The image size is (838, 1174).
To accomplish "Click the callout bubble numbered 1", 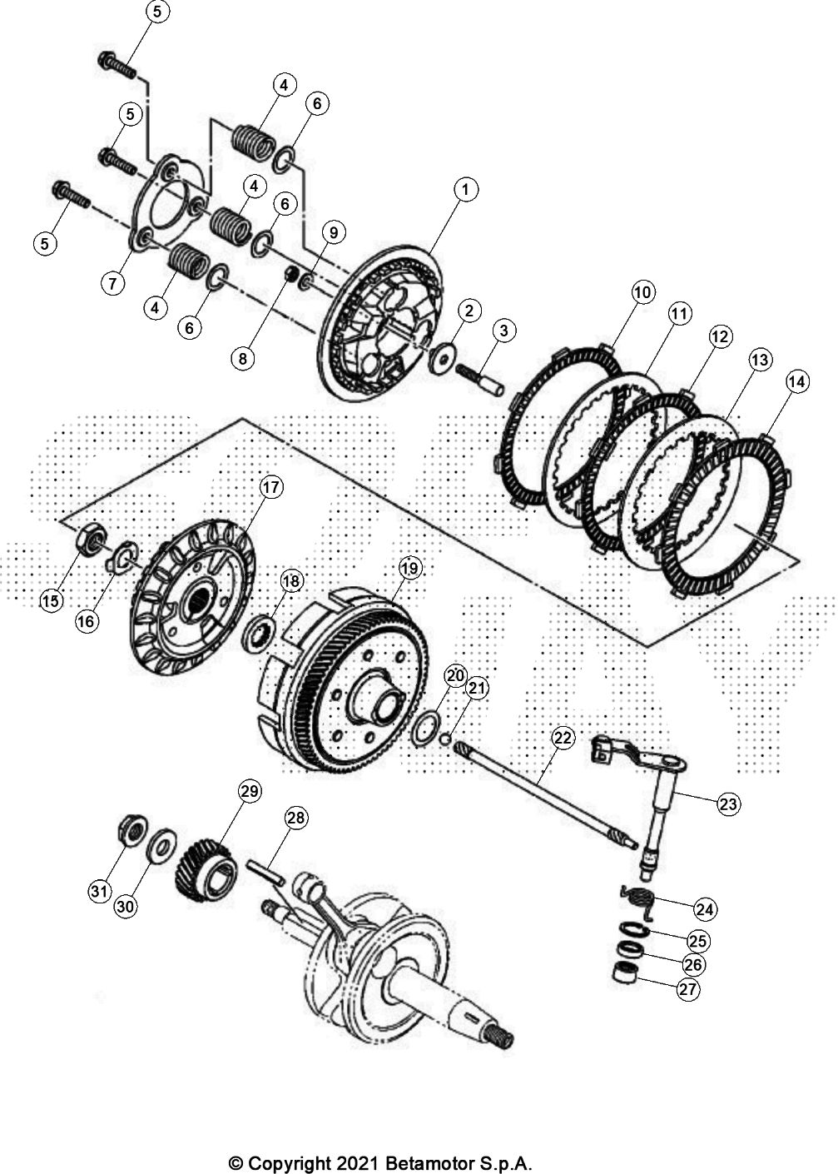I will [465, 190].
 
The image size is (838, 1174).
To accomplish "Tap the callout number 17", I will [271, 487].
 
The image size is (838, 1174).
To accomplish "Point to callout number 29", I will [250, 792].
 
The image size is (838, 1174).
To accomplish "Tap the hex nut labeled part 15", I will [88, 539].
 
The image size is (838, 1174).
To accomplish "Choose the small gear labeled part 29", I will [201, 869].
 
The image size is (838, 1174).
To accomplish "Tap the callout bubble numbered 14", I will [796, 382].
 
